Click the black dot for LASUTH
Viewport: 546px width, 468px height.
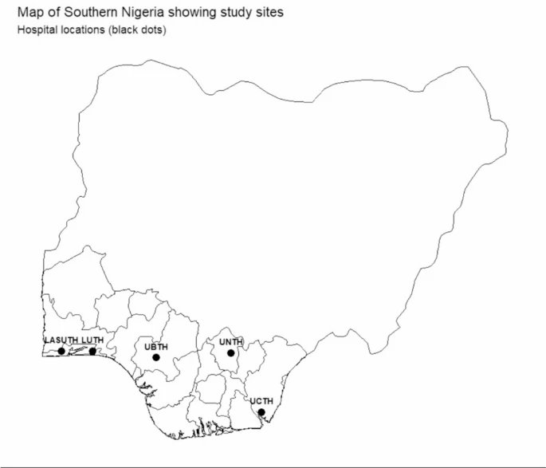tap(61, 351)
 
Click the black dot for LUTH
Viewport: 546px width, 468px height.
tap(92, 351)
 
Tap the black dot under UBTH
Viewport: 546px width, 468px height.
tap(156, 358)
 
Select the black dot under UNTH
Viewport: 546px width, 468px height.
tap(230, 353)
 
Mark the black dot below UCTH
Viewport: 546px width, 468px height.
tap(261, 412)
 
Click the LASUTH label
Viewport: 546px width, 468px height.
tap(61, 340)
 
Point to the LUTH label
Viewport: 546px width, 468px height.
tap(92, 340)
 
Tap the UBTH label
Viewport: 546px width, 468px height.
tap(156, 347)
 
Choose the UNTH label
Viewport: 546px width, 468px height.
tap(230, 342)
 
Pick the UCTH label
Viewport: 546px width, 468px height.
tap(261, 401)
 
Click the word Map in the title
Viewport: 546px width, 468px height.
tap(30, 14)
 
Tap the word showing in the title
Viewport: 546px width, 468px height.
tap(189, 14)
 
